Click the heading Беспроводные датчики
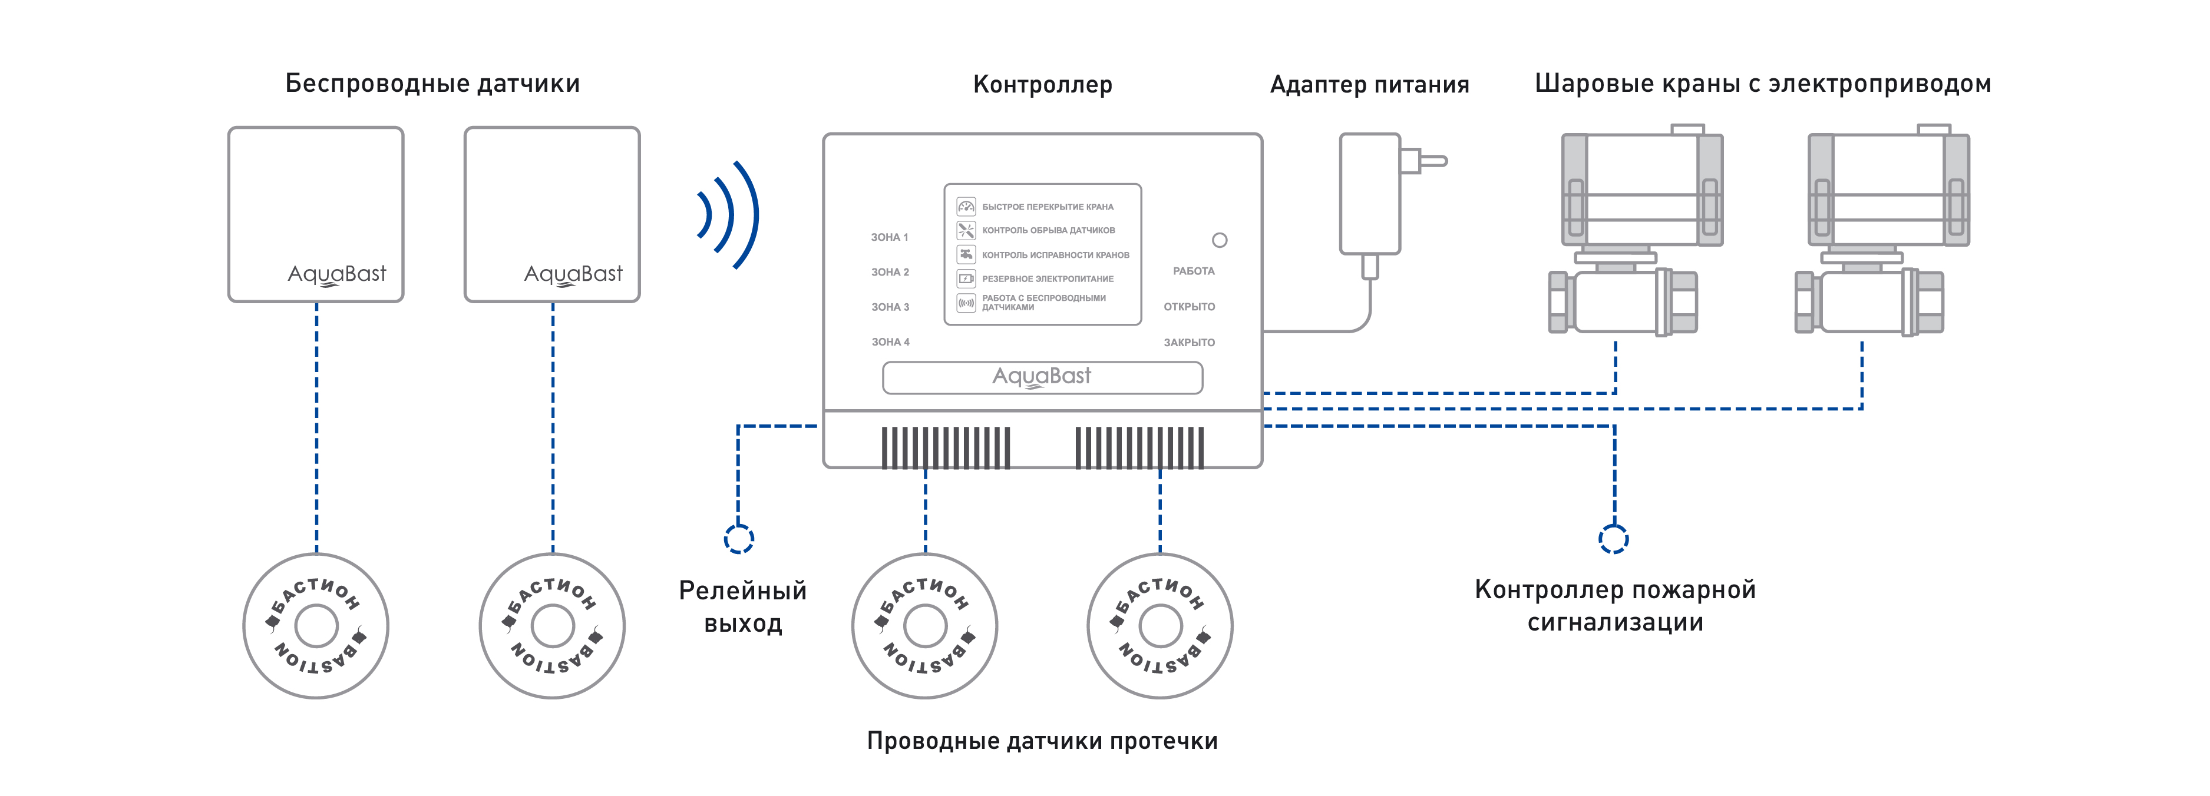[432, 84]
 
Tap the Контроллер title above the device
[1042, 85]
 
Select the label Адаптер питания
[1369, 85]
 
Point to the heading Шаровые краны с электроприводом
[1763, 84]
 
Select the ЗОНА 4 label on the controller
[890, 342]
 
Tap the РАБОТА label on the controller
[1193, 271]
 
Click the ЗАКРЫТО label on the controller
[1189, 342]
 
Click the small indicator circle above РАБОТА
[1219, 240]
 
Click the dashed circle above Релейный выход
[739, 539]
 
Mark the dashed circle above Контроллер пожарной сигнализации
[1614, 539]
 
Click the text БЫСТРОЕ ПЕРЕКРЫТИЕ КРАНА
[1048, 207]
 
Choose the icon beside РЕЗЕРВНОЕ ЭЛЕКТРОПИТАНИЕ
[966, 278]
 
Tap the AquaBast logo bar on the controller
[1042, 377]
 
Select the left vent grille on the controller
[946, 447]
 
